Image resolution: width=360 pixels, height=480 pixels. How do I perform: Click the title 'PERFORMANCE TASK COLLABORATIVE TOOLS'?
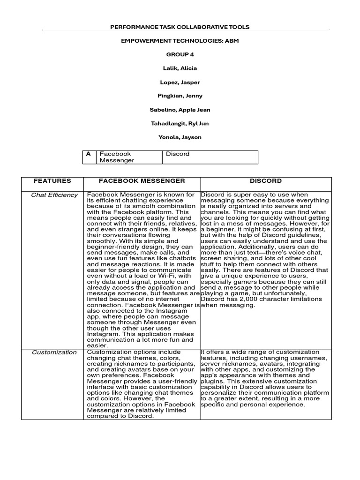click(x=180, y=27)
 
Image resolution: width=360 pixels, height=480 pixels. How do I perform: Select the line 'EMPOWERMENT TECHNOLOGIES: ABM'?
click(x=180, y=41)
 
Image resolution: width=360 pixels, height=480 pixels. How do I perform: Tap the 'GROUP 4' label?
click(x=180, y=54)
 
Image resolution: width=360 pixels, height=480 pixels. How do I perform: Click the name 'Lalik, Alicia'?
click(x=180, y=68)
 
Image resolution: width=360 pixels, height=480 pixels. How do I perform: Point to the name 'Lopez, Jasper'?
click(x=180, y=82)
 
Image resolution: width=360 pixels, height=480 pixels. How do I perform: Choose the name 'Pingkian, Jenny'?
click(x=180, y=96)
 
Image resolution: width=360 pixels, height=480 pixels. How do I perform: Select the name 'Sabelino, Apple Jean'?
click(x=180, y=110)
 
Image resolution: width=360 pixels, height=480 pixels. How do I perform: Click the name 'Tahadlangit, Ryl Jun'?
click(x=180, y=123)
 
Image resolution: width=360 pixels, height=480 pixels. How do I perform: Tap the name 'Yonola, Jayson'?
click(x=180, y=137)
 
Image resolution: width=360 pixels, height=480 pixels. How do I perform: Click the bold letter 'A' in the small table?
click(x=88, y=154)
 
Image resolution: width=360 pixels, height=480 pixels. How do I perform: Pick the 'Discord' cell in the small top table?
click(x=178, y=154)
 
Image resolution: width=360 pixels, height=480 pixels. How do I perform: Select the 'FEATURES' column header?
click(x=52, y=180)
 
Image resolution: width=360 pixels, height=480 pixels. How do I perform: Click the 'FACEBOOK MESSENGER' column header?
click(x=142, y=180)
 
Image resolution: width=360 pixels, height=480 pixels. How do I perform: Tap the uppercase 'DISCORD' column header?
click(x=265, y=180)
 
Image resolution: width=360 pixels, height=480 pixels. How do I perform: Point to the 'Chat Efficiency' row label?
click(x=54, y=195)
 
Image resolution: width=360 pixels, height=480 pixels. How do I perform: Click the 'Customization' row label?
click(x=54, y=352)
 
